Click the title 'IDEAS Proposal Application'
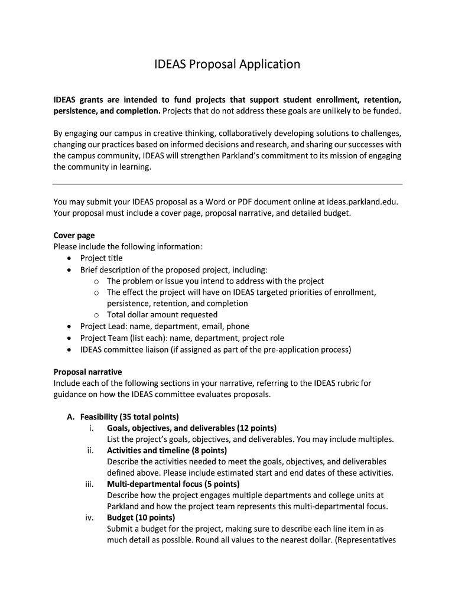click(x=227, y=64)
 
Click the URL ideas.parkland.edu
click(x=358, y=201)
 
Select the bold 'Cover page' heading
click(x=74, y=235)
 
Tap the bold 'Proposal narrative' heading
click(x=87, y=372)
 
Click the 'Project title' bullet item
click(x=102, y=258)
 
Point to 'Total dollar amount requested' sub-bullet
click(x=162, y=315)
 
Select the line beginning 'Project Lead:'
click(x=165, y=326)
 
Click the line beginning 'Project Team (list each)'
click(x=182, y=338)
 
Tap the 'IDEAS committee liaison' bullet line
click(x=216, y=349)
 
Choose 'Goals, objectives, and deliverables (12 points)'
click(x=191, y=428)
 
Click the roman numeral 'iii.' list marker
click(x=90, y=484)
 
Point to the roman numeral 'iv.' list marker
click(x=90, y=518)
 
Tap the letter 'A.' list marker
click(x=71, y=417)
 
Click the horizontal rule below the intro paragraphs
click(x=227, y=184)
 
